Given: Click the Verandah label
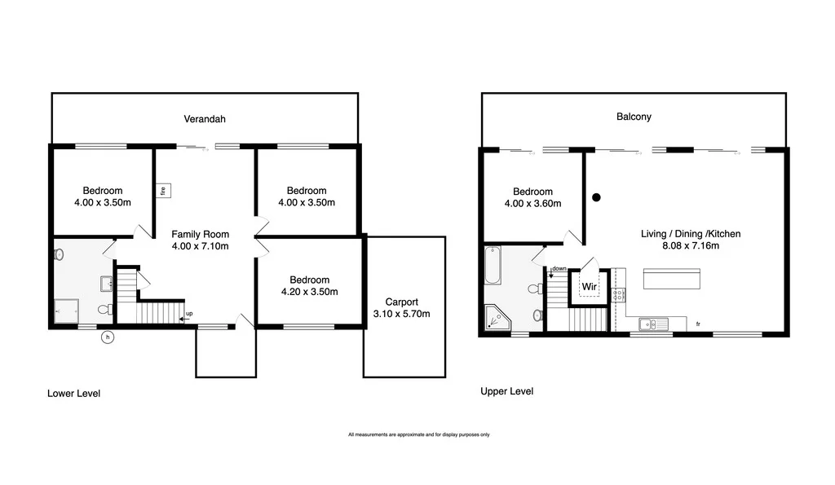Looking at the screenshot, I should point(204,119).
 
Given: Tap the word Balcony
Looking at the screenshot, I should point(634,117).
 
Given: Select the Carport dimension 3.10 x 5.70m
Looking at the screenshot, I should point(401,314).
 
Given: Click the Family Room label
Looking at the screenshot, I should point(200,234).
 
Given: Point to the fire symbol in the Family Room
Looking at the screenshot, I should point(163,191).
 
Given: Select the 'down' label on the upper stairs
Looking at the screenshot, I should point(559,269).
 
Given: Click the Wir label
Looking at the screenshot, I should point(589,287).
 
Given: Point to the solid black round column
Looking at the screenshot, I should point(596,196).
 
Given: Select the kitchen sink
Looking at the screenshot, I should point(654,324).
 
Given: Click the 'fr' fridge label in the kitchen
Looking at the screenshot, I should point(698,325).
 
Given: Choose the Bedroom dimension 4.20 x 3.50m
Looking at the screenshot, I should point(309,291).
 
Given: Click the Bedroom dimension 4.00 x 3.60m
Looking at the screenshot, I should point(532,204).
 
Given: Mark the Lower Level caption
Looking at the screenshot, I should point(73,394).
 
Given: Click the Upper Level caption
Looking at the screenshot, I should point(506,391).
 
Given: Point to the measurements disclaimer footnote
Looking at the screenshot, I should point(419,434).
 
